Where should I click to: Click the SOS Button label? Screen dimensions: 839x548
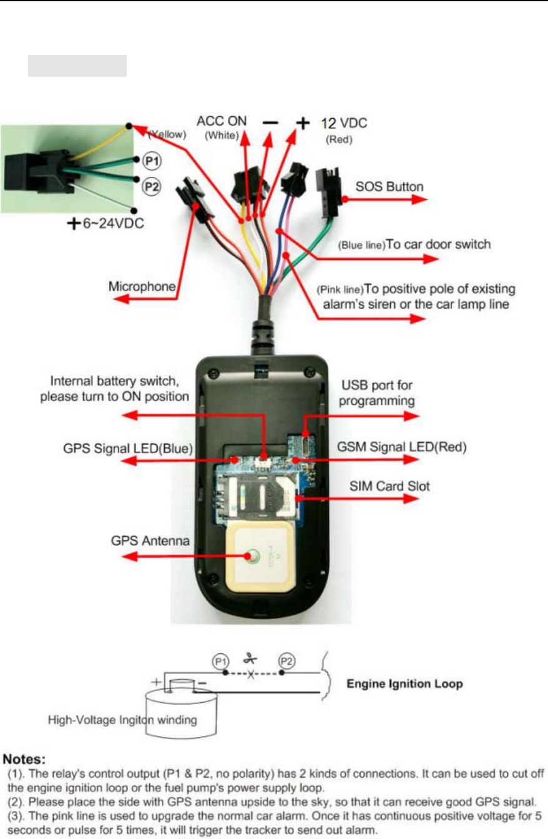pyautogui.click(x=389, y=187)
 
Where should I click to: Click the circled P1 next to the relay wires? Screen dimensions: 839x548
pyautogui.click(x=150, y=161)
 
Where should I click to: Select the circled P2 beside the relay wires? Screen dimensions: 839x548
pyautogui.click(x=150, y=186)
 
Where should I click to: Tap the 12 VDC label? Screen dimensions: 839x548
pyautogui.click(x=344, y=124)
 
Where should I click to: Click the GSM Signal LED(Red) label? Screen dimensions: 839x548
pyautogui.click(x=393, y=447)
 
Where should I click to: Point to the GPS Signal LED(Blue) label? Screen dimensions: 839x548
pyautogui.click(x=128, y=449)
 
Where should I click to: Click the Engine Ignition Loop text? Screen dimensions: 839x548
pyautogui.click(x=404, y=684)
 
